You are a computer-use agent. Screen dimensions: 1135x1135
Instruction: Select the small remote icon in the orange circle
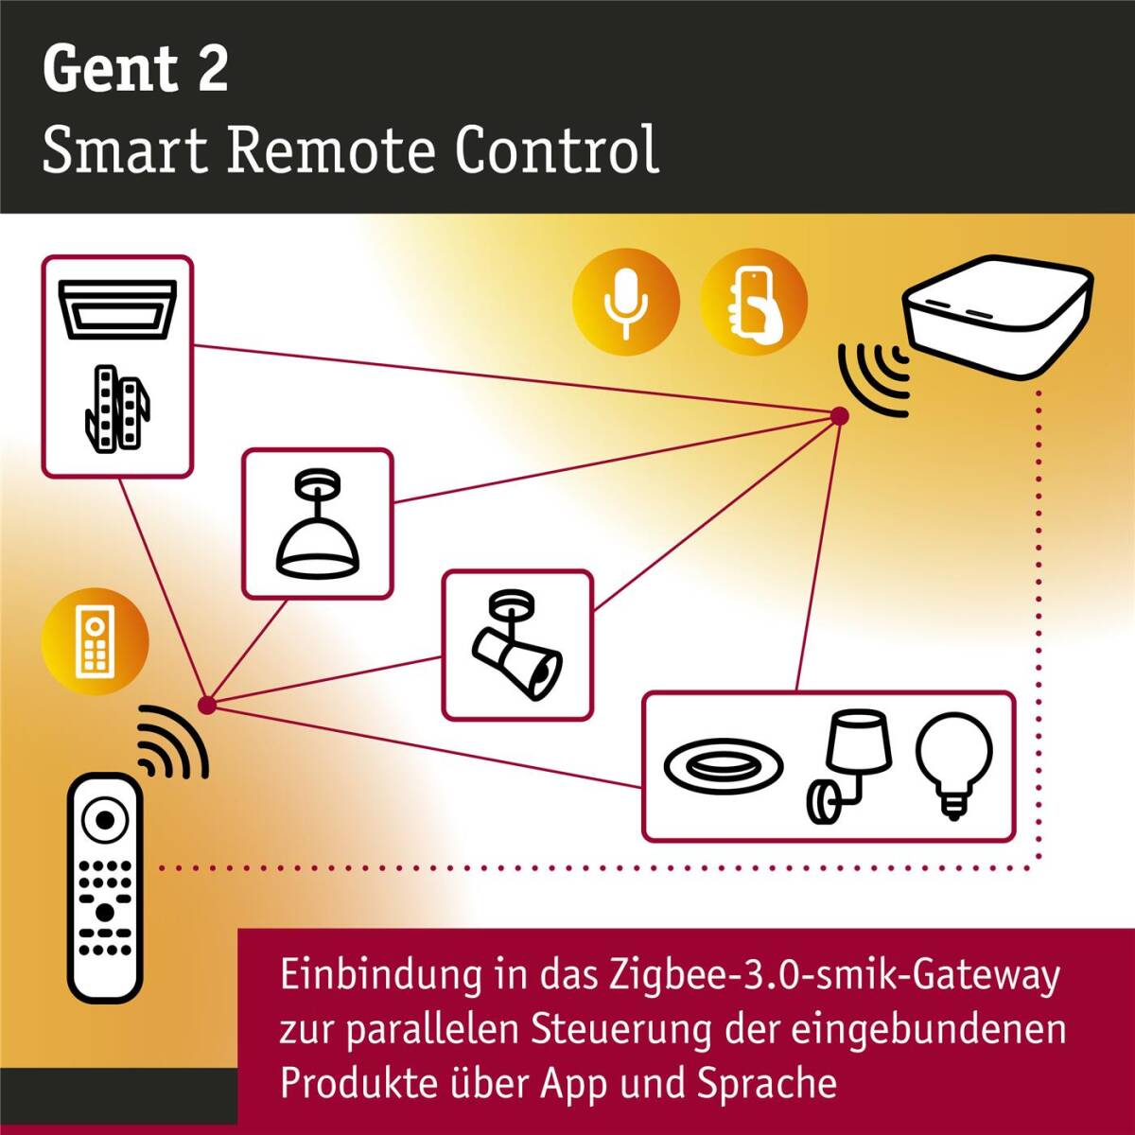[x=95, y=641]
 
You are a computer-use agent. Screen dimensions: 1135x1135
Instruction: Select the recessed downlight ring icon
[x=724, y=767]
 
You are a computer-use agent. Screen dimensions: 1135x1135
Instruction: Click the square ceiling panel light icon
[x=118, y=309]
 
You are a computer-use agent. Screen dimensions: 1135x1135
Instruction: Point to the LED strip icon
[x=117, y=409]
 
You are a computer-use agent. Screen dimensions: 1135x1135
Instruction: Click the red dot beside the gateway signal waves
[x=839, y=416]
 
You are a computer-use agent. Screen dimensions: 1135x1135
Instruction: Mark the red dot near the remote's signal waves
[x=207, y=705]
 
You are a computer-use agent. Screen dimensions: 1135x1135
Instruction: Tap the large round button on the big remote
[x=105, y=819]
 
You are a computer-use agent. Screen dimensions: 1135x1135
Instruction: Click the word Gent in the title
[x=110, y=69]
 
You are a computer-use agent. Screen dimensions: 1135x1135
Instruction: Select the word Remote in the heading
[x=333, y=150]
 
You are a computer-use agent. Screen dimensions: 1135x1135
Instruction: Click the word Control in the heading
[x=557, y=149]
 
